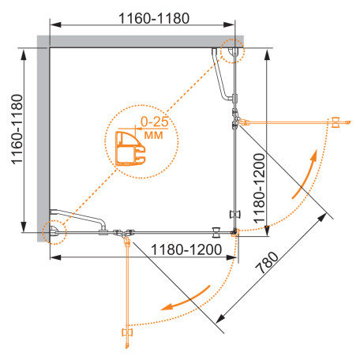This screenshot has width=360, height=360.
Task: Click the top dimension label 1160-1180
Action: click(x=154, y=18)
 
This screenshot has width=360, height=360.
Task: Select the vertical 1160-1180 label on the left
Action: click(x=17, y=129)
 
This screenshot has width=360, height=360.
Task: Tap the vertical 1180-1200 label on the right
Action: click(x=259, y=188)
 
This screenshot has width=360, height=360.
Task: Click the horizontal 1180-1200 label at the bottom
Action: click(x=186, y=249)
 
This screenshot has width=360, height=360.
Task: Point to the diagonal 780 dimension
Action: click(x=267, y=263)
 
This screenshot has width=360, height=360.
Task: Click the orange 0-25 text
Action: click(x=155, y=122)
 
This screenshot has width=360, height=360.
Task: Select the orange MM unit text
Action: click(x=154, y=135)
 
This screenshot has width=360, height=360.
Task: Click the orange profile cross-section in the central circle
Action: click(x=130, y=148)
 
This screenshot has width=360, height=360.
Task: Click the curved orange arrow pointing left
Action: click(x=186, y=298)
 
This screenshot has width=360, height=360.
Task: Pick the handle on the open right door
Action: click(x=336, y=122)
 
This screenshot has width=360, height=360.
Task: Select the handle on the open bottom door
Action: click(x=127, y=332)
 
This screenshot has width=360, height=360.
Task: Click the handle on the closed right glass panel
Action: click(x=235, y=214)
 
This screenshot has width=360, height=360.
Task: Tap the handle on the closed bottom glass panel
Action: click(x=216, y=233)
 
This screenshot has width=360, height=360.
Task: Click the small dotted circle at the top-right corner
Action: click(x=232, y=51)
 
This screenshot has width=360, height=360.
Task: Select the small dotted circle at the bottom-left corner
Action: click(x=54, y=232)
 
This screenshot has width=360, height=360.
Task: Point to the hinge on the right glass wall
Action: click(x=236, y=119)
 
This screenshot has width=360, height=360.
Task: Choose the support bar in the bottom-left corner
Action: click(x=79, y=217)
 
